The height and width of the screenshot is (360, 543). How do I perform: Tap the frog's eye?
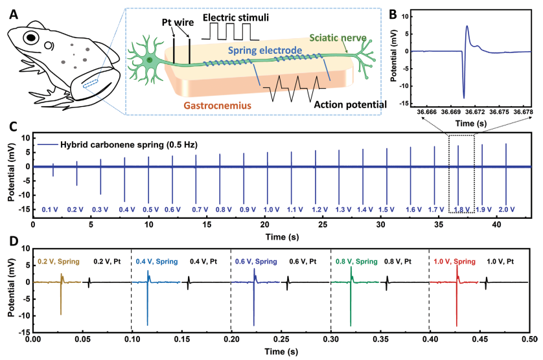point(30,38)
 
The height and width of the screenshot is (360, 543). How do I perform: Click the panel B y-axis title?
point(393,56)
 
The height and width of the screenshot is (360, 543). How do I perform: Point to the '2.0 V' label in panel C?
point(506,210)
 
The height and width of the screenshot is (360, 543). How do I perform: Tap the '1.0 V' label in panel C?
point(268,210)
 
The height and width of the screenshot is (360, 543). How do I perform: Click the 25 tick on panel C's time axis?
point(323,224)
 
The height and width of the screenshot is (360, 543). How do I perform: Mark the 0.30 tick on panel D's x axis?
point(331,339)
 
